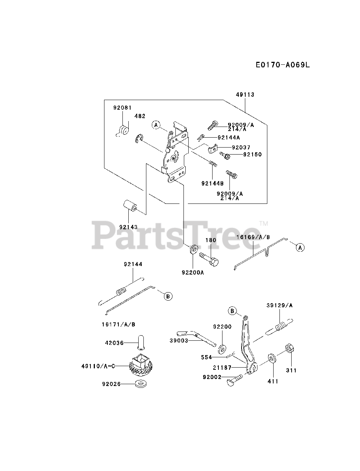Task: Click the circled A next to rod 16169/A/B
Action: click(300, 248)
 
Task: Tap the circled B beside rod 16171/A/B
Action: click(168, 295)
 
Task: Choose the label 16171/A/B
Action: click(118, 324)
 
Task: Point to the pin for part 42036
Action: click(140, 342)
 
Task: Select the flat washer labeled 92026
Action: click(140, 384)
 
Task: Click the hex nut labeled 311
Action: click(289, 348)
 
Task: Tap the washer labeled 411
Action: click(272, 358)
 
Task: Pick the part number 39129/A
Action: click(280, 305)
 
